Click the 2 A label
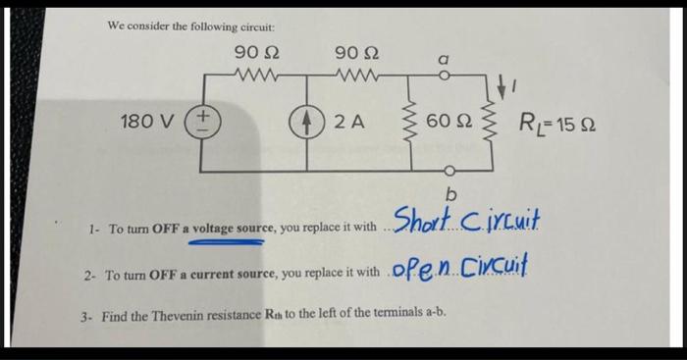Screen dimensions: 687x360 348,123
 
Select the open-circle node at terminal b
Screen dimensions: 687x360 449,168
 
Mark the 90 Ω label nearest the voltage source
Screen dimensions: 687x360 253,51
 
